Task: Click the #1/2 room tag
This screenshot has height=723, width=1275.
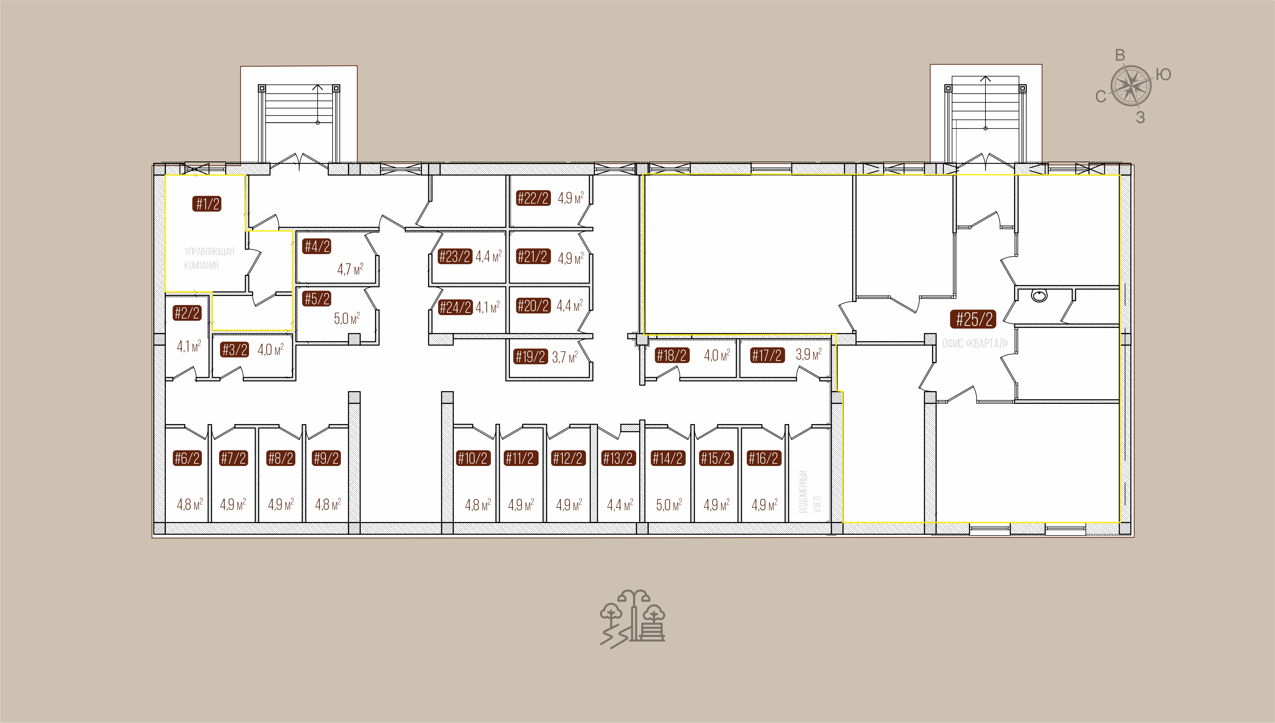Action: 207,204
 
